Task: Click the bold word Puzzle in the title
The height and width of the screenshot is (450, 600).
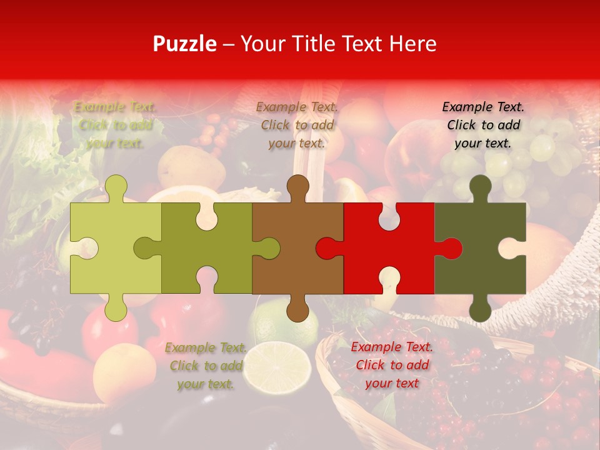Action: point(184,44)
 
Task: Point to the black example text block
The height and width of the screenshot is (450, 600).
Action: point(483,125)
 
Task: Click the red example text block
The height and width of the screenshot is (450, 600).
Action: point(392,365)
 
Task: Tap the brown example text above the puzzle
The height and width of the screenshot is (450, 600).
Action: point(297,125)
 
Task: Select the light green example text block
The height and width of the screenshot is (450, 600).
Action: point(116,125)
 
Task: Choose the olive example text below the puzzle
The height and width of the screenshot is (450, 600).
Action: point(206,366)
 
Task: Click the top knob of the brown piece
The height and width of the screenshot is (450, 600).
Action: point(298,186)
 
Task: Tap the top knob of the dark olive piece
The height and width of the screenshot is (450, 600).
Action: point(480,186)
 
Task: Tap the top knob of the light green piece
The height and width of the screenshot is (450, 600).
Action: point(116,186)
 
